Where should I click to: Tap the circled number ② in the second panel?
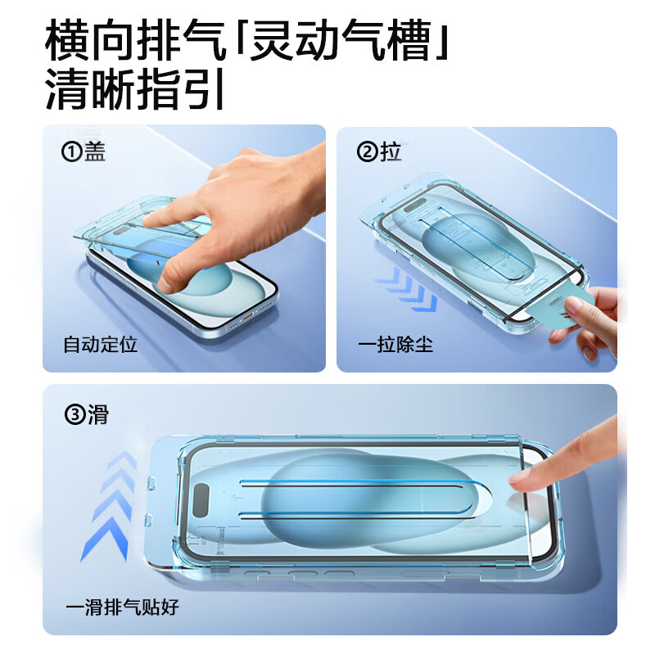coord(367,152)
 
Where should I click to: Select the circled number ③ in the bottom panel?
coord(75,414)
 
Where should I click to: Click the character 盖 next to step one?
coord(95,152)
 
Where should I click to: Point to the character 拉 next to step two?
coord(391,152)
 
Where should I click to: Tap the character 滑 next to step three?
coord(97,414)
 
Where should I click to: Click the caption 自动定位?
coord(100,345)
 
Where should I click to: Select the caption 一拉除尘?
coord(395,345)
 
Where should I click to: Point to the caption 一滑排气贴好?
coord(122,608)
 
